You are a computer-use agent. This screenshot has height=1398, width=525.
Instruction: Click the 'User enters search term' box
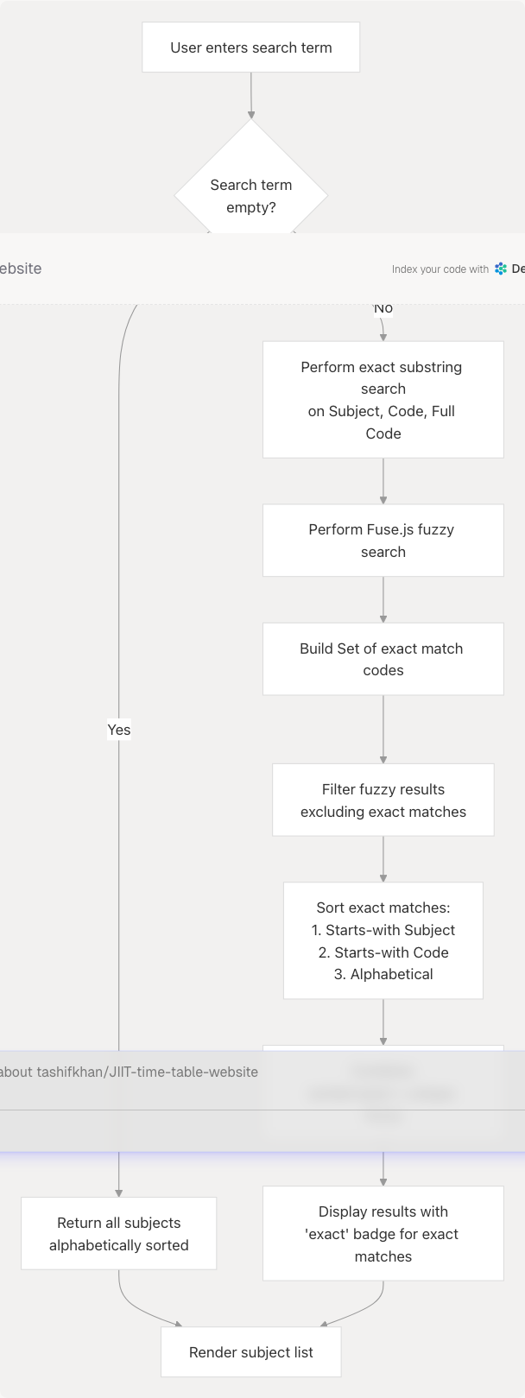click(x=251, y=47)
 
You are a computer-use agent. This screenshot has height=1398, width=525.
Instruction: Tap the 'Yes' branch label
click(x=119, y=730)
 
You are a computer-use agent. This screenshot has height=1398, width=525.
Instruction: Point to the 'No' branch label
click(x=383, y=308)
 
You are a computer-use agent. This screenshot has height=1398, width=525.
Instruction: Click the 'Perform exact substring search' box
click(x=383, y=399)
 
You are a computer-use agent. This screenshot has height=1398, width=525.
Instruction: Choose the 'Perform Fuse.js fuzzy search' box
click(x=383, y=541)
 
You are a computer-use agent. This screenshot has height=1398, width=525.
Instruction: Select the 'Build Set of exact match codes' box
click(x=383, y=659)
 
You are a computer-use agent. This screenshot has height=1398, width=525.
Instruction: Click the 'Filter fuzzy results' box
click(x=383, y=800)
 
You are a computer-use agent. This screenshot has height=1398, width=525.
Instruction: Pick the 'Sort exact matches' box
click(x=383, y=940)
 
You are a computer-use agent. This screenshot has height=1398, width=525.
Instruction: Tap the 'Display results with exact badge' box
click(x=383, y=1233)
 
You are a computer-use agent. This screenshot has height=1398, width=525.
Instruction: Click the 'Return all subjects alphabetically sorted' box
click(x=119, y=1233)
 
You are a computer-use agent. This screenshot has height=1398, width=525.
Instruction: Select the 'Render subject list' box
click(x=251, y=1352)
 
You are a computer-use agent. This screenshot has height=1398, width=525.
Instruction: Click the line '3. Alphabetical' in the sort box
click(x=383, y=974)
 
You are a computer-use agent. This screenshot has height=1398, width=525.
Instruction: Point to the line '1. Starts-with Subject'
click(x=383, y=930)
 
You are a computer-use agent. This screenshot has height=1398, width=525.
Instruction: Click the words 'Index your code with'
click(x=440, y=269)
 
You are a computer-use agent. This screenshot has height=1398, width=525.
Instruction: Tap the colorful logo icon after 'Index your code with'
click(x=501, y=269)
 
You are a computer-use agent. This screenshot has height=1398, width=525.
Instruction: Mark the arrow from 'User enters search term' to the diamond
click(x=251, y=95)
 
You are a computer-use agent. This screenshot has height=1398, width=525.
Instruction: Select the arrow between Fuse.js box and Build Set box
click(x=383, y=599)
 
